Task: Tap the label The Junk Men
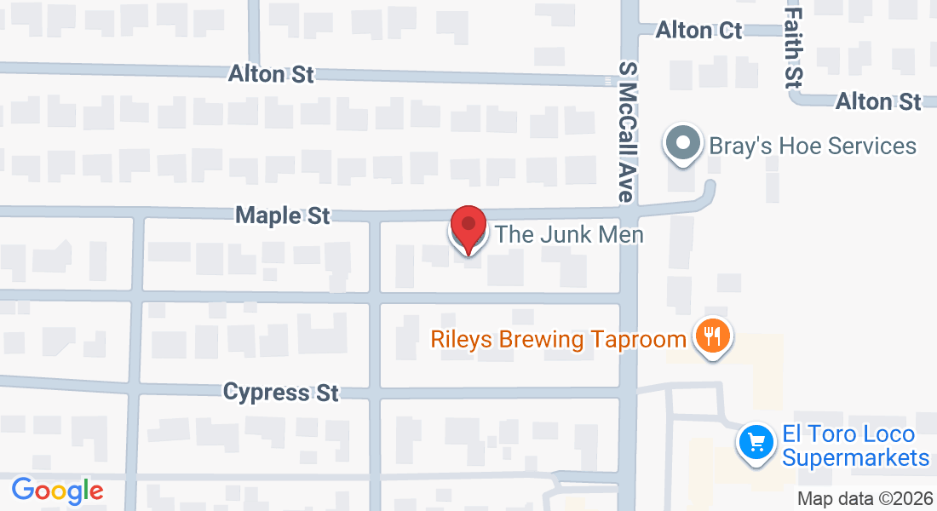click(x=569, y=234)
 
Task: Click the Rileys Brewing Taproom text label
click(x=558, y=340)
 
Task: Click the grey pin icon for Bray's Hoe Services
click(x=683, y=145)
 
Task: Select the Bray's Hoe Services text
click(x=813, y=146)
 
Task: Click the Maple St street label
click(x=283, y=215)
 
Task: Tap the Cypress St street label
click(x=281, y=393)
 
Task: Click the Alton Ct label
click(x=698, y=31)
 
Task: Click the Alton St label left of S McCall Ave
click(x=271, y=74)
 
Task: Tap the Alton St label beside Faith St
click(x=878, y=101)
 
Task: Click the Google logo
click(x=57, y=491)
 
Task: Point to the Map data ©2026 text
click(x=865, y=498)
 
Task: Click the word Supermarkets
click(x=854, y=458)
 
